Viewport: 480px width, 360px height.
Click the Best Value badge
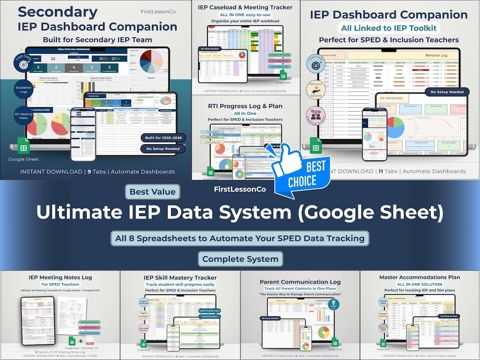[153, 192]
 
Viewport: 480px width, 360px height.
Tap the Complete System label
[240, 259]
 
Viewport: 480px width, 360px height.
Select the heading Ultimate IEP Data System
[240, 212]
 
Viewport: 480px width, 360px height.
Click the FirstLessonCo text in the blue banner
[240, 189]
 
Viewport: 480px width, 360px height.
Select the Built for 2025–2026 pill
[163, 138]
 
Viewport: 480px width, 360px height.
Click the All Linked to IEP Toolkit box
[388, 28]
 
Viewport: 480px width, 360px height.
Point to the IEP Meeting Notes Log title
[60, 277]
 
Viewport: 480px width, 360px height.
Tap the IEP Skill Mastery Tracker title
[180, 277]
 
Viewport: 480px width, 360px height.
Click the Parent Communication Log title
[300, 282]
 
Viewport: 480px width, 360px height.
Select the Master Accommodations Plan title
[420, 277]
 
